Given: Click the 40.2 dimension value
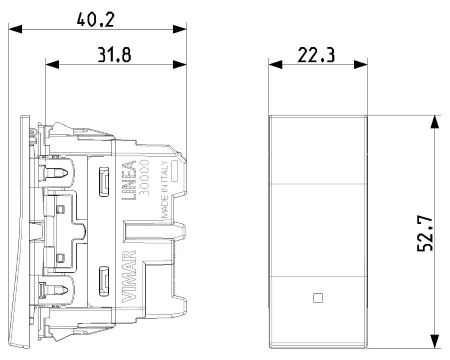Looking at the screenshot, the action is (96, 19).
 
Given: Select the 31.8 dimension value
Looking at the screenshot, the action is (114, 55).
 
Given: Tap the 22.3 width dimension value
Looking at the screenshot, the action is (316, 55).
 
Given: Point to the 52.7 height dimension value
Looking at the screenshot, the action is (425, 234).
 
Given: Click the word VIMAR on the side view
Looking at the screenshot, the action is (129, 276).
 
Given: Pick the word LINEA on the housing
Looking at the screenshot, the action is (129, 180).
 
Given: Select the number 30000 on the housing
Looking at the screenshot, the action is (144, 177).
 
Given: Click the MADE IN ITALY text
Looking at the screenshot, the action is (165, 189).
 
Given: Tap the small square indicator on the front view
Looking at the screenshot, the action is (318, 298).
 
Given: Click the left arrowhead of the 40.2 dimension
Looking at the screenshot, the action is (15, 29).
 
